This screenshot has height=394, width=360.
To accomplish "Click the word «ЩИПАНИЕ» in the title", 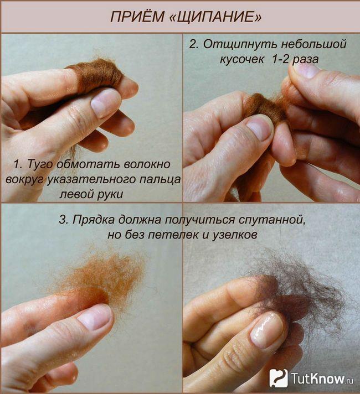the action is tap(216, 17).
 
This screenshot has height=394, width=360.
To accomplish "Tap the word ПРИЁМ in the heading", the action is tap(137, 17).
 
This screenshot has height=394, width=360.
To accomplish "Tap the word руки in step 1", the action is tap(110, 194).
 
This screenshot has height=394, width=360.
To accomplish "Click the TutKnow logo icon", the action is tap(279, 378).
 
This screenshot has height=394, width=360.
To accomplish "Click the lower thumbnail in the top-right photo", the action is tap(260, 127).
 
